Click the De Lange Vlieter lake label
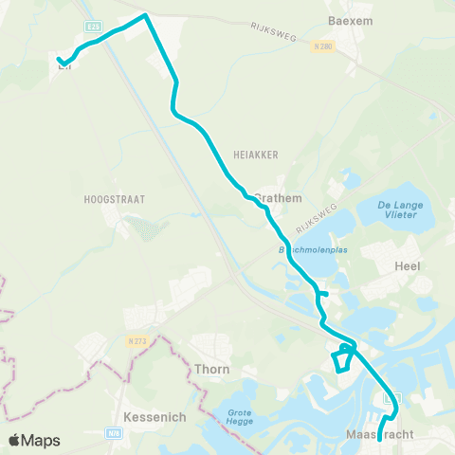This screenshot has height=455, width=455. pyautogui.click(x=398, y=210)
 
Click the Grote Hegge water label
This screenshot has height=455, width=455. pyautogui.click(x=245, y=417)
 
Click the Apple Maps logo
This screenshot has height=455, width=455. pyautogui.click(x=34, y=440)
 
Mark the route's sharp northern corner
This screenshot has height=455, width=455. pyautogui.click(x=145, y=15)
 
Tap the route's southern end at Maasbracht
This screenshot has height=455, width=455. pyautogui.click(x=379, y=439)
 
